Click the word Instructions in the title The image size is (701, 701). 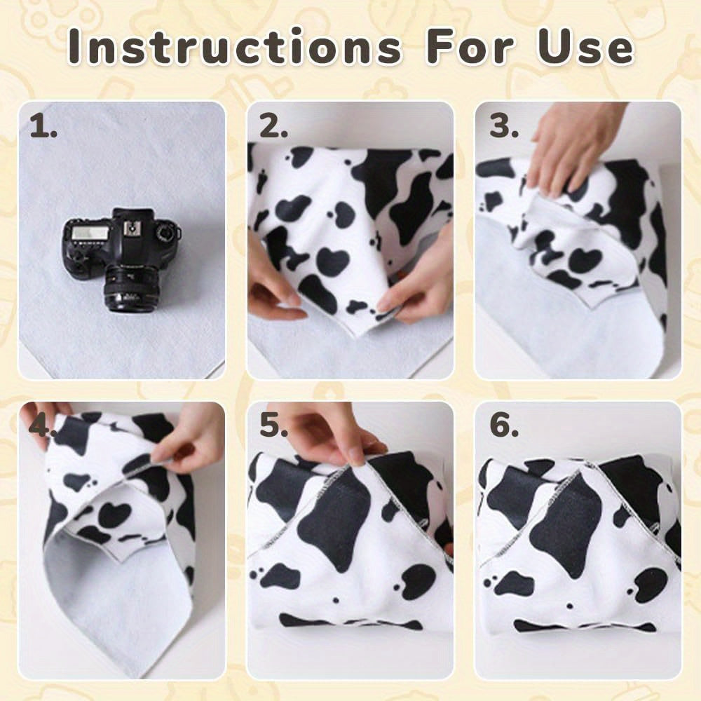(235, 47)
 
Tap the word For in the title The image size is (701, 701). (470, 47)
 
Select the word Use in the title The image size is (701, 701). (585, 47)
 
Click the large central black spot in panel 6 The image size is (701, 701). (566, 525)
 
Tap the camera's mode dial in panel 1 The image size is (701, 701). (166, 233)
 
